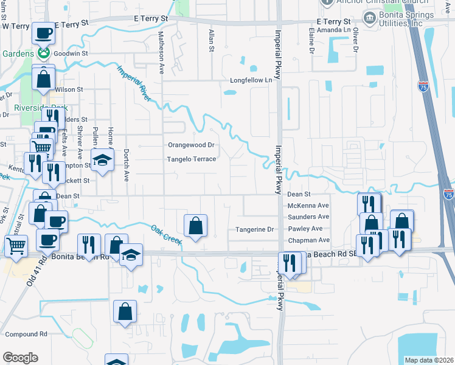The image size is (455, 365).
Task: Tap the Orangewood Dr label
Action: tap(192, 145)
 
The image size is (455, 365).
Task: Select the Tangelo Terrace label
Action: tap(192, 159)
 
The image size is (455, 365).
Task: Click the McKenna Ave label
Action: tap(308, 206)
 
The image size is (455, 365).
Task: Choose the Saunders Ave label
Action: tap(308, 217)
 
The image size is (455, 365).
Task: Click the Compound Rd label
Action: tap(26, 334)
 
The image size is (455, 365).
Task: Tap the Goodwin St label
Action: tap(68, 54)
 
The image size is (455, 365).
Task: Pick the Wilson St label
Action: tap(69, 89)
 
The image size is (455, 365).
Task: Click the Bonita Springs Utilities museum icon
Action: tap(369, 17)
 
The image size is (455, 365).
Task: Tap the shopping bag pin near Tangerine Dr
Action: tap(196, 226)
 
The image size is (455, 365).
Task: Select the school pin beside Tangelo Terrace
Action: tap(103, 161)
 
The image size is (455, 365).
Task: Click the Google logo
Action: tap(20, 358)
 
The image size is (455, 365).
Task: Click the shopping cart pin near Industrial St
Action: tap(16, 246)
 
